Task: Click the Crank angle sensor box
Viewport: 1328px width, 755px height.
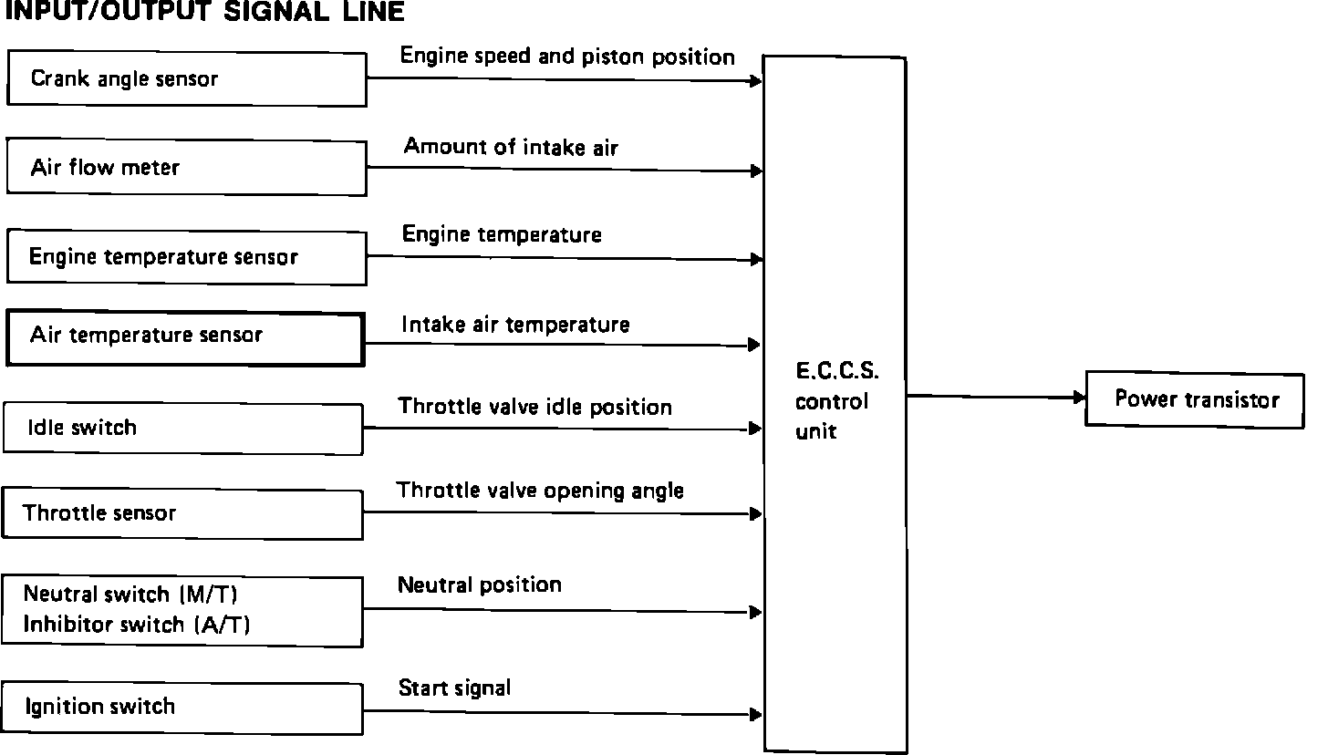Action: pos(186,78)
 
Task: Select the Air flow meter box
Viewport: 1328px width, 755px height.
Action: pos(186,167)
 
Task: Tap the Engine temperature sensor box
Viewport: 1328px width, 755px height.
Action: pos(186,257)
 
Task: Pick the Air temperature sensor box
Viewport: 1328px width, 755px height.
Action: pos(185,338)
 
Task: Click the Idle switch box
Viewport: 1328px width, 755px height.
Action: pos(182,428)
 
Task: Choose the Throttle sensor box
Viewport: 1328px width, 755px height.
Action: pos(182,513)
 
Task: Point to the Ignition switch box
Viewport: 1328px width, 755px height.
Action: pos(182,707)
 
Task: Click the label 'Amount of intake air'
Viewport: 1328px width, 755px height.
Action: pos(511,147)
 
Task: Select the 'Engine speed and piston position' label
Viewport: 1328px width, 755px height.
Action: pos(567,57)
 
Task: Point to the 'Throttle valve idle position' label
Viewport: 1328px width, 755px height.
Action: pos(534,407)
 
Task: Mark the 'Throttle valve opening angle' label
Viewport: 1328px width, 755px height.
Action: pos(540,491)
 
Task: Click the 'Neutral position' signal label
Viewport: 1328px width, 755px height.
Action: pos(479,584)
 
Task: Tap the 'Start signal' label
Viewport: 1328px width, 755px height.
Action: pos(454,688)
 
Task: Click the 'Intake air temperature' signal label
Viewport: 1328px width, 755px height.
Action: pos(515,325)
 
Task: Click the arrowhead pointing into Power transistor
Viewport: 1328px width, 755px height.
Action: pos(1079,398)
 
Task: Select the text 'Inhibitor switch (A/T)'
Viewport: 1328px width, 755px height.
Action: pos(137,625)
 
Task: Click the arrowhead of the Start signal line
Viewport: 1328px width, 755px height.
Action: pos(756,715)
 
